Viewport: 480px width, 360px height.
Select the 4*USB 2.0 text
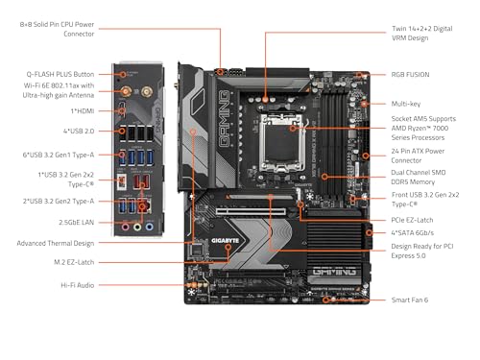(x=82, y=130)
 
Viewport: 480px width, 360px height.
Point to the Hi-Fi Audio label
(x=81, y=285)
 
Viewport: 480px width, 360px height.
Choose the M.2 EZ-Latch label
(x=75, y=261)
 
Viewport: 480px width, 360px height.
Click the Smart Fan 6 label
(x=411, y=300)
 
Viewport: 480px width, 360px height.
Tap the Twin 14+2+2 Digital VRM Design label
(x=423, y=33)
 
